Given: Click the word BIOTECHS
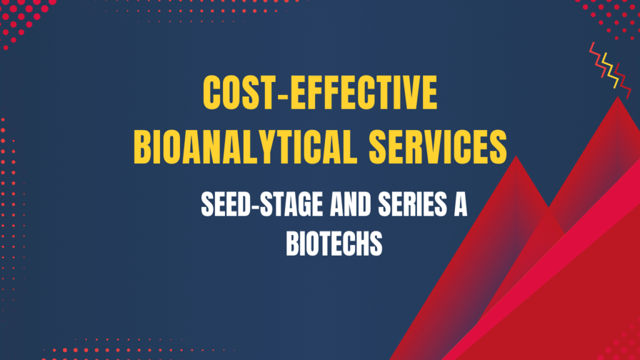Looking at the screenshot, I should pos(334,243).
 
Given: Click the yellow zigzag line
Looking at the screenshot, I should pos(606,66).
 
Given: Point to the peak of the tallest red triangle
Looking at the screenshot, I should pos(617,99).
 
